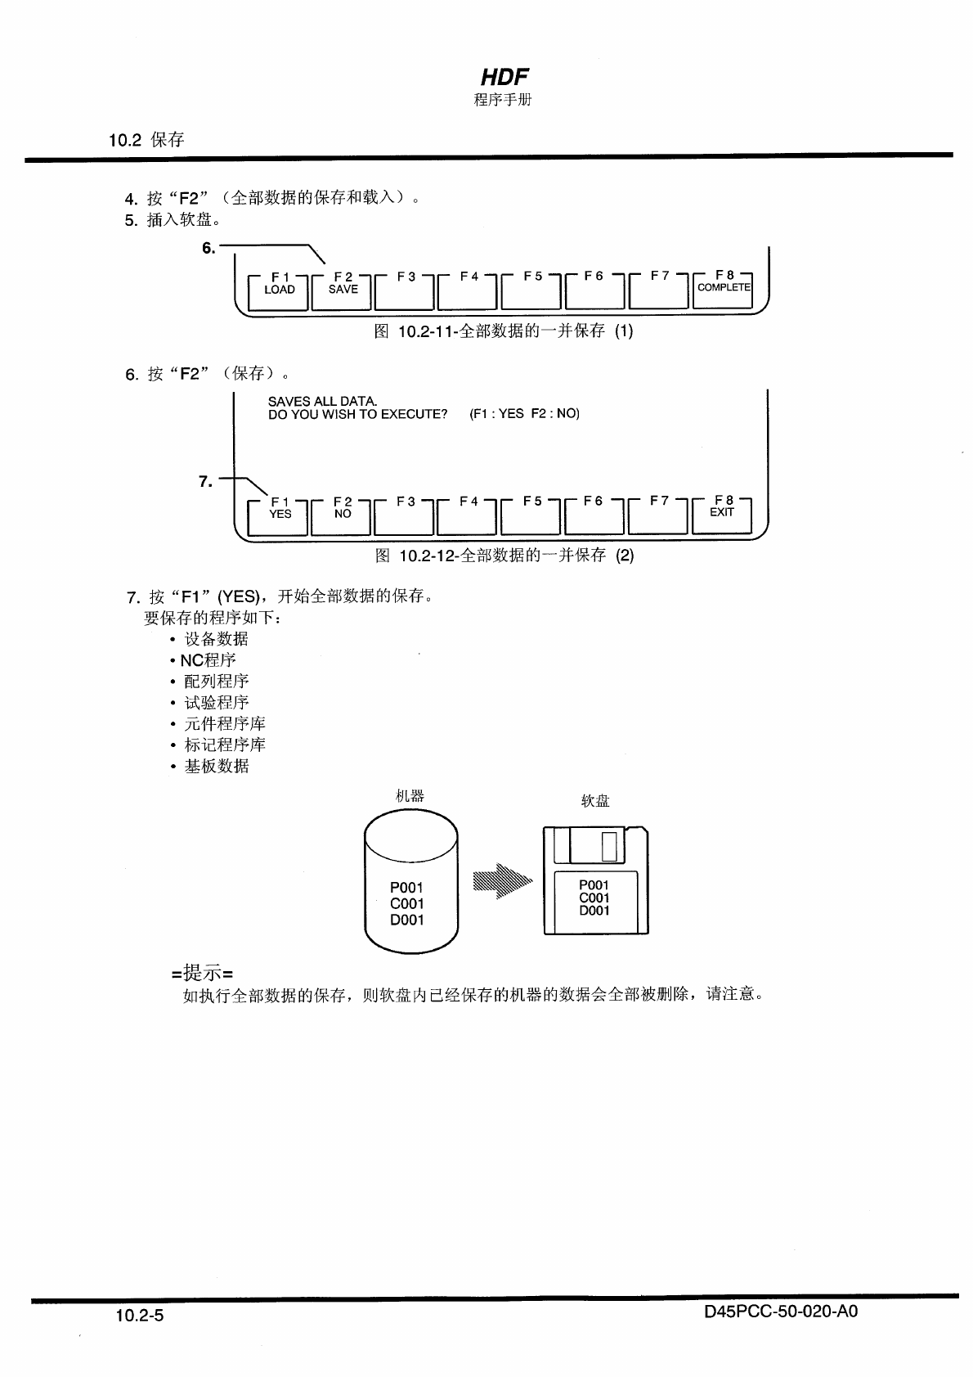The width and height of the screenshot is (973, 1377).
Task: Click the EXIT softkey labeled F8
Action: (722, 515)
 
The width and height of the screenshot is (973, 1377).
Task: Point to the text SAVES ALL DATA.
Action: (322, 401)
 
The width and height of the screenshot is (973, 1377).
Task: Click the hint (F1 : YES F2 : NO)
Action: (524, 413)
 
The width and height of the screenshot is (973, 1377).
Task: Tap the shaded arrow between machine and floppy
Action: (501, 882)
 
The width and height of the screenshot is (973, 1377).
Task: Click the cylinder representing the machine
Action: (410, 880)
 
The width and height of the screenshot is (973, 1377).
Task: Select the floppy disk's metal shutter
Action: (590, 845)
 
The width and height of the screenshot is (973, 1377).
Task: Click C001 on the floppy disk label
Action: (594, 898)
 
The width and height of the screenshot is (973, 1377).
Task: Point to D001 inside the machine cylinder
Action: (406, 920)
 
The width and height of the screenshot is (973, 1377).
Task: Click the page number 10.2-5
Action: (140, 1316)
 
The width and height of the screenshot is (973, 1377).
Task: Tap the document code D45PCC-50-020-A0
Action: (780, 1312)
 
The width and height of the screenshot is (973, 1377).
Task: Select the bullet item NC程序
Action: (208, 659)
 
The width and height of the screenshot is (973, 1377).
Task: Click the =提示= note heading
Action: (203, 973)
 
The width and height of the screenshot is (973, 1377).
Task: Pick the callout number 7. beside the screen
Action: (206, 481)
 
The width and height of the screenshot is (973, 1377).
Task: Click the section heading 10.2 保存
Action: (146, 139)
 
